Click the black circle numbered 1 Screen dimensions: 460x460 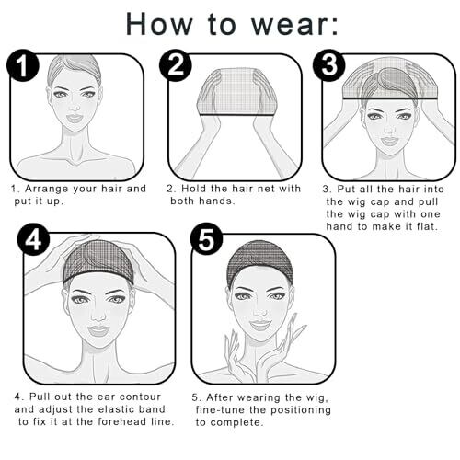coord(23,65)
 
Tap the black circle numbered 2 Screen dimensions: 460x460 coord(176,65)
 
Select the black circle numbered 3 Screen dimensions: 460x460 coord(328,65)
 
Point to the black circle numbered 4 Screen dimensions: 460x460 coord(33,239)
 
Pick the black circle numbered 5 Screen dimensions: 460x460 coord(206,239)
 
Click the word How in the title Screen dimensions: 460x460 coord(159,24)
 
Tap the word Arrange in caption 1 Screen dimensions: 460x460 coord(46,189)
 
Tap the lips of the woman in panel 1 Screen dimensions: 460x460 coord(75,118)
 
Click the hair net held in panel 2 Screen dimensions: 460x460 coord(236,92)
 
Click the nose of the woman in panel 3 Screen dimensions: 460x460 coord(389,130)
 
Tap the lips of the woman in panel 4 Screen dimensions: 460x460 coord(98,330)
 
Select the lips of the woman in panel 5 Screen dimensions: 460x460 coord(260,325)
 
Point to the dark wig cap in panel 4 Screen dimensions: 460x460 coord(98,259)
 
